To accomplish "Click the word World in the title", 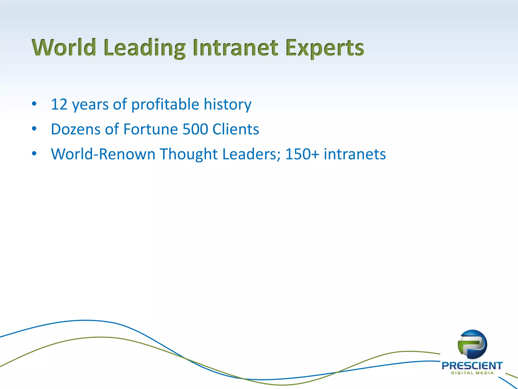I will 64,48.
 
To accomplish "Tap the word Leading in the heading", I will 144,48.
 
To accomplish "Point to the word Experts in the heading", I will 325,48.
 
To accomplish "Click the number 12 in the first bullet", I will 59,104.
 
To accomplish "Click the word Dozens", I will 76,129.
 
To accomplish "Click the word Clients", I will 236,129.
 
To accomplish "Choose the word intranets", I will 355,154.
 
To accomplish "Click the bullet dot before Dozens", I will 34,129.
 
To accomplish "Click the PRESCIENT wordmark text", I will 472,366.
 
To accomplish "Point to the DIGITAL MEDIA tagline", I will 472,373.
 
